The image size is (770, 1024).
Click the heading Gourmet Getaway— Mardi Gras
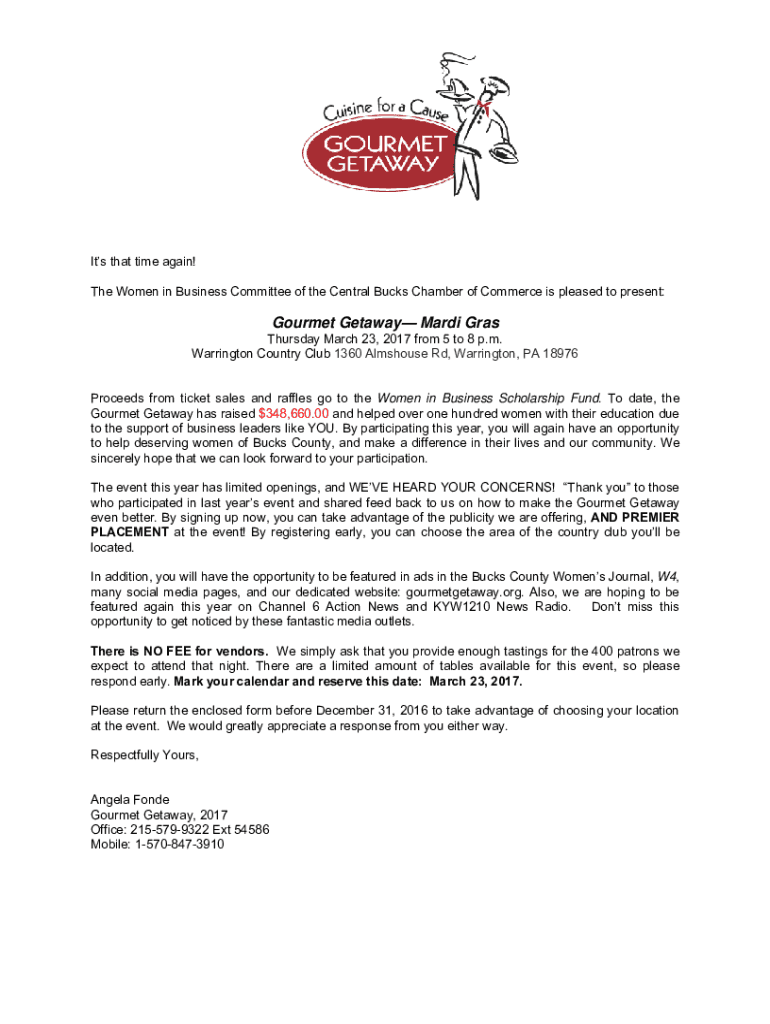(385, 324)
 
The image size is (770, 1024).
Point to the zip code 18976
(560, 355)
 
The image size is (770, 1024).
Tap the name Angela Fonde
(130, 800)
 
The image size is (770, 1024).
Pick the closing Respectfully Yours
(145, 755)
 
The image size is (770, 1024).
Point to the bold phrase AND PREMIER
(635, 518)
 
